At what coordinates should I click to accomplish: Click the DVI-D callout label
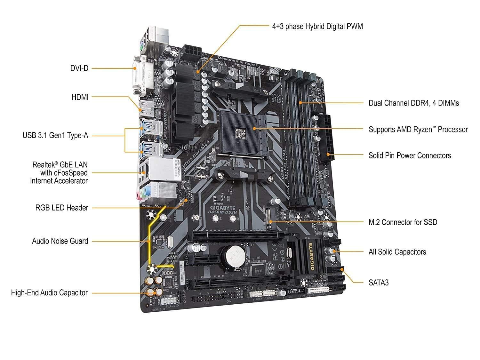79,68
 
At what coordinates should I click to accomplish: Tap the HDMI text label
80,97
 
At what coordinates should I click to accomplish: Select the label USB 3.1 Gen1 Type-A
55,135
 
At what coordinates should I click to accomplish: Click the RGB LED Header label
61,208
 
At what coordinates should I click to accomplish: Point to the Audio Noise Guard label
60,241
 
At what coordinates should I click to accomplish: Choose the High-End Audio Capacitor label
49,292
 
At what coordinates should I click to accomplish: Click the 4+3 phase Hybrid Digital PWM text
317,26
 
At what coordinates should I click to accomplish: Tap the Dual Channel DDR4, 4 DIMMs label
413,103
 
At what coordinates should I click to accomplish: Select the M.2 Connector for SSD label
403,222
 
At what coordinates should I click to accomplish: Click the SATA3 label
379,283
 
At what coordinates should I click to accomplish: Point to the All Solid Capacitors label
397,252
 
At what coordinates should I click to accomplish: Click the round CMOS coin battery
235,256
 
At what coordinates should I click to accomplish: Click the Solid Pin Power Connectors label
410,156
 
